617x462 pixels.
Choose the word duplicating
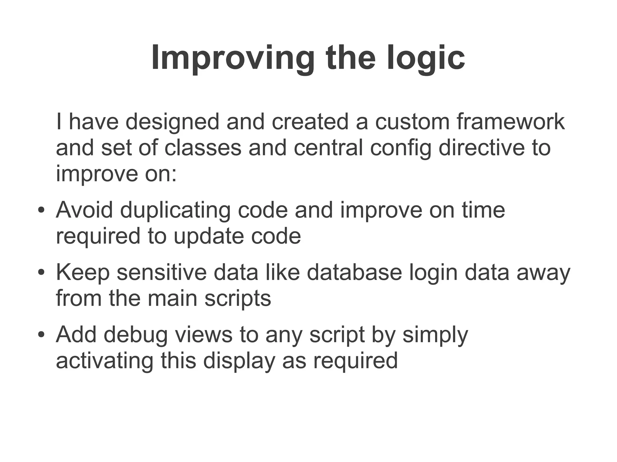(x=175, y=210)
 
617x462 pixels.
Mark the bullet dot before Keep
(x=41, y=272)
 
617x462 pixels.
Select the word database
(x=354, y=272)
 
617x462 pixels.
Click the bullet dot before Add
(x=41, y=335)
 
